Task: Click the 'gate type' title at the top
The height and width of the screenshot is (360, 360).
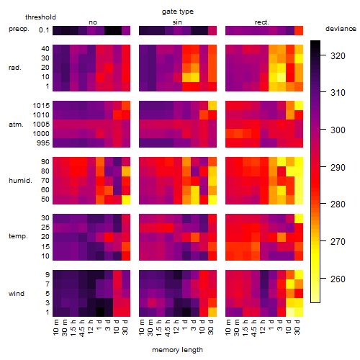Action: [x=178, y=12]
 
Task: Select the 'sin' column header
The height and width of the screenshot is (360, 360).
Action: [x=177, y=22]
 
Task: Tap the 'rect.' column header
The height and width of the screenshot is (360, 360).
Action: [x=262, y=22]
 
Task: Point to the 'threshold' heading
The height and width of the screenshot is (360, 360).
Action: [x=40, y=17]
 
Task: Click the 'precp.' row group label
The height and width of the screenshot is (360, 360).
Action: [x=19, y=29]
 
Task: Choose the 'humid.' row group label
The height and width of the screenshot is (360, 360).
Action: [x=20, y=181]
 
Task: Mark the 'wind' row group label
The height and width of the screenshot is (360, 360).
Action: [x=17, y=294]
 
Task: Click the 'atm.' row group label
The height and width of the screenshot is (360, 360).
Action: [x=16, y=125]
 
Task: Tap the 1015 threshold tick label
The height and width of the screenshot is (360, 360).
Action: [x=41, y=106]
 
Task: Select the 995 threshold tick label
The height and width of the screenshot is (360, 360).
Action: [x=43, y=143]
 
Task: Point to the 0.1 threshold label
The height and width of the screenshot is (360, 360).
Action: [x=44, y=30]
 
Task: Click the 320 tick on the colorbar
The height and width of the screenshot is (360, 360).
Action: [x=338, y=56]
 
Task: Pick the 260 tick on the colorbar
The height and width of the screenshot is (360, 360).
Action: [x=338, y=279]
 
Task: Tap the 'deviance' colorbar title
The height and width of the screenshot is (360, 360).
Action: [x=341, y=29]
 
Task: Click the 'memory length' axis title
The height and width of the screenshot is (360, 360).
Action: [x=178, y=350]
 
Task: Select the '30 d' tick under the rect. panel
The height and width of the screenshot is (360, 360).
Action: [x=297, y=327]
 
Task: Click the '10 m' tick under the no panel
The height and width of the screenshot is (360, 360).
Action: [x=55, y=327]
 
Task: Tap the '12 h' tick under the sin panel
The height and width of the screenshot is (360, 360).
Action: [x=176, y=327]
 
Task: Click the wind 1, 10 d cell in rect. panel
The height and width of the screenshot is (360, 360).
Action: [x=290, y=312]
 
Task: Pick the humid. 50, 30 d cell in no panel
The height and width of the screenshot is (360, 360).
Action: [x=126, y=199]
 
